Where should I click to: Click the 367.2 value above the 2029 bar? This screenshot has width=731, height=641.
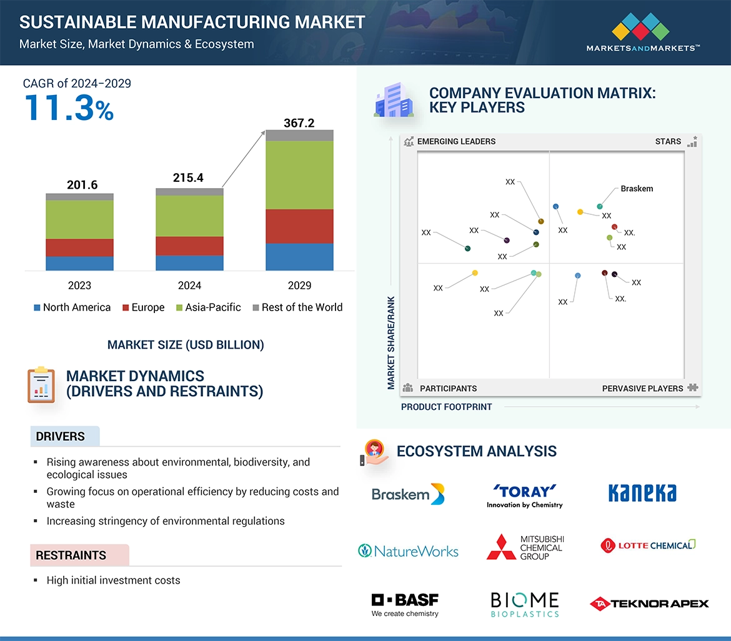[299, 123]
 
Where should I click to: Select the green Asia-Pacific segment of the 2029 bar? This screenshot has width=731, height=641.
[299, 175]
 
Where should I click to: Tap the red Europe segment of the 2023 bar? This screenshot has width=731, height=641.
[79, 247]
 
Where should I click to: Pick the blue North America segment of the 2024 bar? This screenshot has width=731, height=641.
[189, 262]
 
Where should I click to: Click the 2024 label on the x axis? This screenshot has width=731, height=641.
[189, 286]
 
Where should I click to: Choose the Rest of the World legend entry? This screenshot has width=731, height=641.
[297, 307]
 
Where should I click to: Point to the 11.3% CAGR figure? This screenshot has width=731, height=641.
[69, 107]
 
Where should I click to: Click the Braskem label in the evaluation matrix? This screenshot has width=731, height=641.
[636, 189]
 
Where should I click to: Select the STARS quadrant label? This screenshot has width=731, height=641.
[668, 141]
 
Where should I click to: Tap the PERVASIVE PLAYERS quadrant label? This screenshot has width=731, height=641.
[642, 389]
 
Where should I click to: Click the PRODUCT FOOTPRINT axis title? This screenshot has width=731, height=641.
[446, 407]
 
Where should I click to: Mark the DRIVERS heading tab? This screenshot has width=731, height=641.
[61, 437]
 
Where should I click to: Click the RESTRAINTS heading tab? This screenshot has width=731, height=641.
[71, 555]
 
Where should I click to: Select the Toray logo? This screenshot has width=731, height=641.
[524, 495]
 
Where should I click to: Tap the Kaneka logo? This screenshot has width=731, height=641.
[642, 494]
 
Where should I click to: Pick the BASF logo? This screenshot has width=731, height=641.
[405, 604]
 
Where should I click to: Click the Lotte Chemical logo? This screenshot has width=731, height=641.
[648, 545]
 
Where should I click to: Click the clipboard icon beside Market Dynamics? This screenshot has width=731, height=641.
[40, 384]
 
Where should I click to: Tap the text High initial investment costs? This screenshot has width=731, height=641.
[113, 580]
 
